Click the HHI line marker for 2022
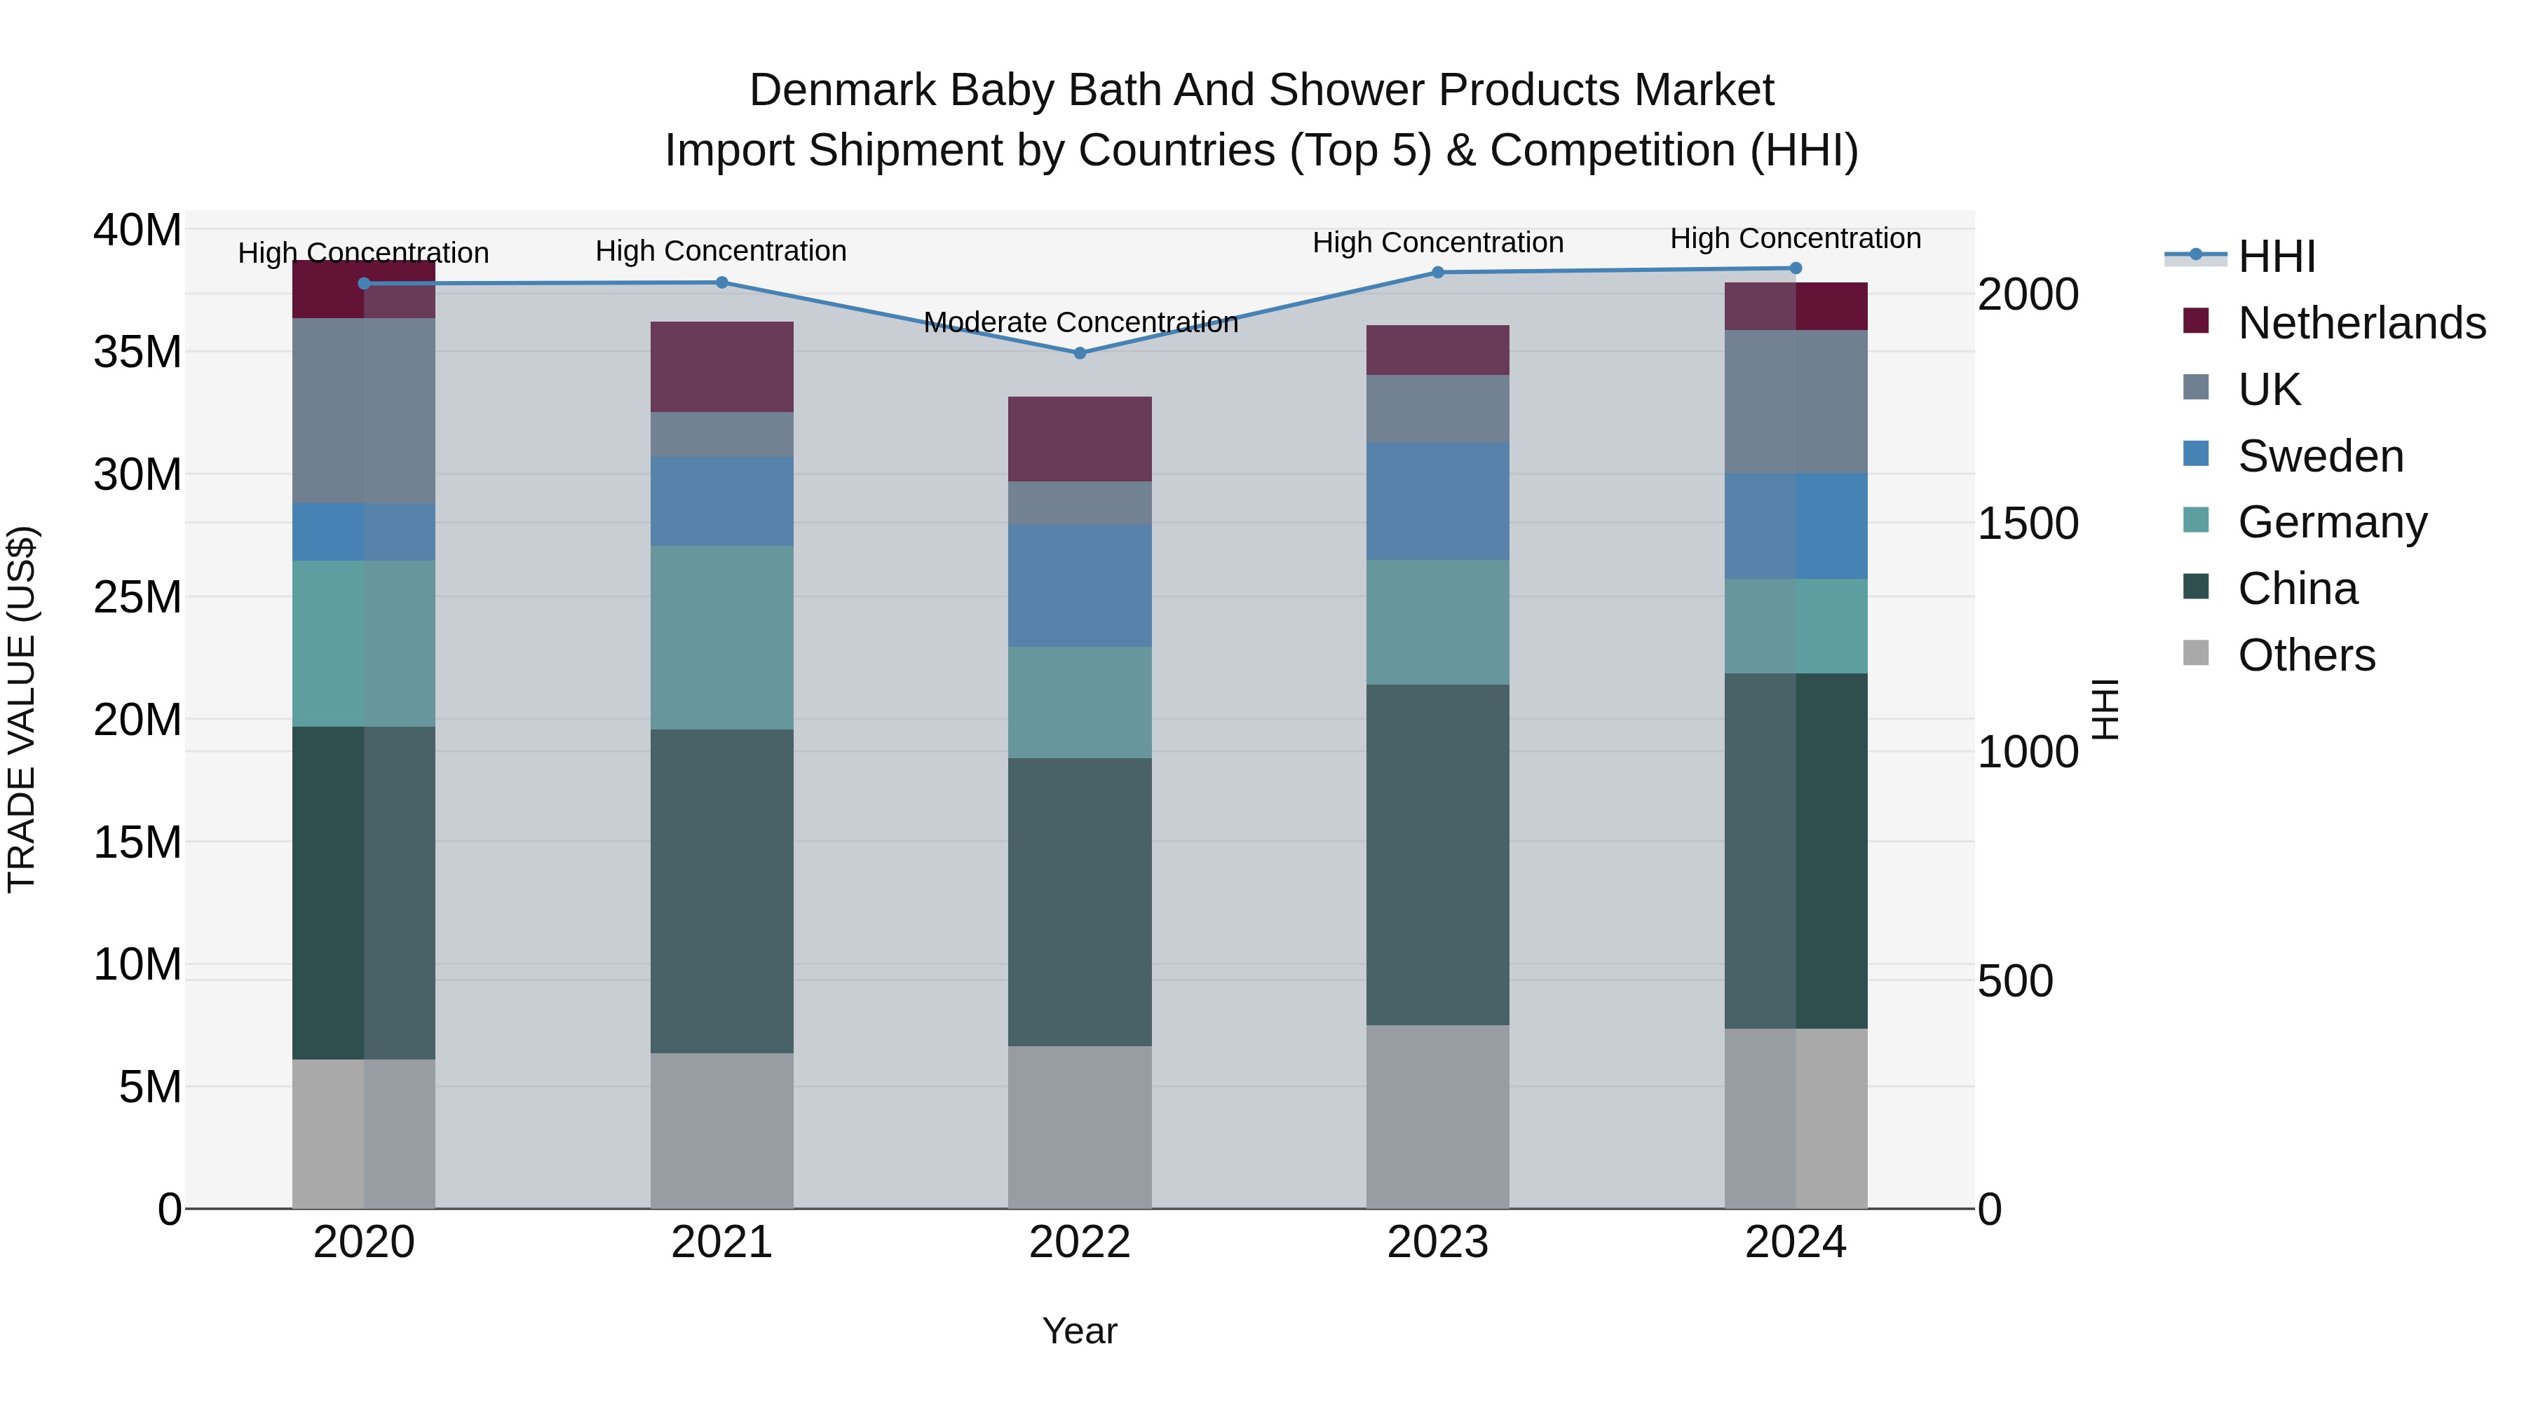point(1080,352)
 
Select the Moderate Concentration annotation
point(1080,322)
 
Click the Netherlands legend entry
point(2361,323)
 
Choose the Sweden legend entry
point(2320,456)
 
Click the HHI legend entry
point(2276,256)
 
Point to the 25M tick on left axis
point(137,597)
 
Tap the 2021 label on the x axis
point(721,1242)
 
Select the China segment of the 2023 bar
point(1437,854)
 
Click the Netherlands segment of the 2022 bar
point(1080,439)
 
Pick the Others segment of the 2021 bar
point(721,1130)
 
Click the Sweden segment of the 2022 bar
point(1080,586)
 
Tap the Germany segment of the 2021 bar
point(721,638)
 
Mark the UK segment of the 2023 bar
point(1437,409)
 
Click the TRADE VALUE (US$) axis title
point(22,709)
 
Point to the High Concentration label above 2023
point(1437,242)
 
